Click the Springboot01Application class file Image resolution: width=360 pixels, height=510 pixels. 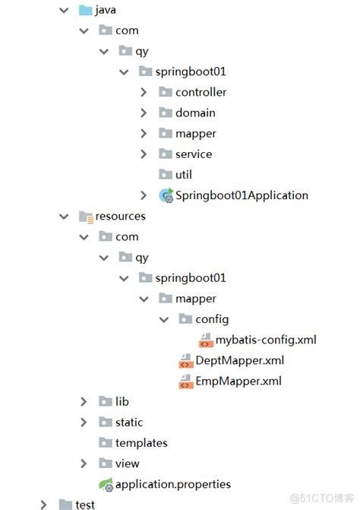click(x=242, y=195)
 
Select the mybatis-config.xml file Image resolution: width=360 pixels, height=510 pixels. click(x=265, y=340)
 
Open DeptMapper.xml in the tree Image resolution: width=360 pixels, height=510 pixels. click(x=240, y=360)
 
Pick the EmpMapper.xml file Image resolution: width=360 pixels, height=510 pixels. click(x=239, y=381)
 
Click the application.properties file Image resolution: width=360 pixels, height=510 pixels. click(x=172, y=483)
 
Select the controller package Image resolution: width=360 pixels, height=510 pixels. click(x=201, y=92)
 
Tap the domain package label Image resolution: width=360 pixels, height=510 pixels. click(x=195, y=112)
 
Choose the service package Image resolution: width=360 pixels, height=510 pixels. click(x=194, y=154)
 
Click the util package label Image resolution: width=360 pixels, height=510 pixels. click(x=183, y=175)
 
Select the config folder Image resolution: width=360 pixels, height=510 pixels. click(x=212, y=319)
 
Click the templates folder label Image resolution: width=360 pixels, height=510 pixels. click(x=141, y=442)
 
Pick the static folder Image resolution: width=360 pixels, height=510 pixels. click(x=129, y=422)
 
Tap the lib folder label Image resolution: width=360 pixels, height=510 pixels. click(x=122, y=401)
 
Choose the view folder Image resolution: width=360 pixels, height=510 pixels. click(x=128, y=463)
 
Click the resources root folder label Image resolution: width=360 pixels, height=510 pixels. click(x=120, y=216)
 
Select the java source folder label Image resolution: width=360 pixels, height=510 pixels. click(x=105, y=10)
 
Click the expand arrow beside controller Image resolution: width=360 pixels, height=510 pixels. click(x=144, y=92)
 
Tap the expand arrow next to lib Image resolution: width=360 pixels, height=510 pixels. click(x=84, y=401)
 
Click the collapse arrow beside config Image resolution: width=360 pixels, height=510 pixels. click(x=163, y=319)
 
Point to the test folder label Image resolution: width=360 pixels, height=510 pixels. click(x=85, y=504)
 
